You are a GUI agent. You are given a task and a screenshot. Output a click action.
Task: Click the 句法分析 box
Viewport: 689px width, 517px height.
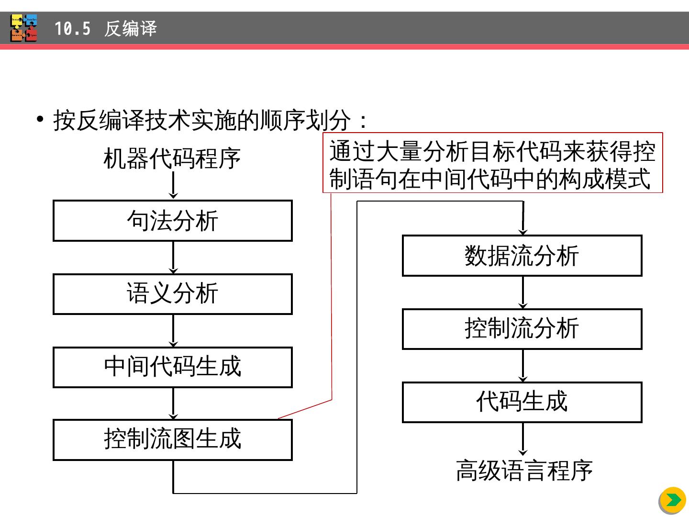pyautogui.click(x=172, y=221)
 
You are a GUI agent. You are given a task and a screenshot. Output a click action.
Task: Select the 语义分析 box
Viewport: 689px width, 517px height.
pyautogui.click(x=172, y=294)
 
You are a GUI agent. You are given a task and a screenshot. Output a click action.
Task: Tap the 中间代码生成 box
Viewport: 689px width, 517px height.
pyautogui.click(x=172, y=367)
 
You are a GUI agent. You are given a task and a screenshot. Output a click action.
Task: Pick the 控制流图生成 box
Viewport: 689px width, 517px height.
pyautogui.click(x=172, y=440)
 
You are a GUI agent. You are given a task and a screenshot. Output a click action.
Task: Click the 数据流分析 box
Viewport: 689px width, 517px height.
pyautogui.click(x=522, y=256)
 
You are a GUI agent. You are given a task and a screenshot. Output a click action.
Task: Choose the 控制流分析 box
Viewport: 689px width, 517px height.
pyautogui.click(x=522, y=329)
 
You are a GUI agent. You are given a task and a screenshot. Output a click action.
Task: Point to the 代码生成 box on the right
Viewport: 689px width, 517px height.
pyautogui.click(x=522, y=402)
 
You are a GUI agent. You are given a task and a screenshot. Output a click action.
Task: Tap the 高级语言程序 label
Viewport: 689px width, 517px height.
pyautogui.click(x=524, y=471)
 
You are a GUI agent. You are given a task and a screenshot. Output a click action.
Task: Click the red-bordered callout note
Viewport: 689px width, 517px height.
pyautogui.click(x=492, y=163)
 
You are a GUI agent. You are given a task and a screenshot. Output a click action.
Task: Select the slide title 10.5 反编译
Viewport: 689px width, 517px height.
pyautogui.click(x=105, y=29)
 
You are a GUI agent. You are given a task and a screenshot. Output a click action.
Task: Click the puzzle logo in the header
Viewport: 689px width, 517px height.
pyautogui.click(x=24, y=28)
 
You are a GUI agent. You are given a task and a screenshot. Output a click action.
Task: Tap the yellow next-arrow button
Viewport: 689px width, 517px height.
pyautogui.click(x=673, y=500)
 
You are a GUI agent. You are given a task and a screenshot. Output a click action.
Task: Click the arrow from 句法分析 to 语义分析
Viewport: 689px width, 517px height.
pyautogui.click(x=173, y=258)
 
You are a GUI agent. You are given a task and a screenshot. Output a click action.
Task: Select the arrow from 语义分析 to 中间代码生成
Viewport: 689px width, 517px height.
pyautogui.click(x=173, y=331)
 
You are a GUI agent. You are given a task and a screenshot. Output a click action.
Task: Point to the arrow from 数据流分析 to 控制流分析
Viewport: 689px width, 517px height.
pyautogui.click(x=523, y=292)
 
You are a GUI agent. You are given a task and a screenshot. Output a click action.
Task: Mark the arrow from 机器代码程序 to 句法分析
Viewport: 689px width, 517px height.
pyautogui.click(x=173, y=185)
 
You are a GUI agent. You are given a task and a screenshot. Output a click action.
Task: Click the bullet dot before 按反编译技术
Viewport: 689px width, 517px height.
pyautogui.click(x=41, y=119)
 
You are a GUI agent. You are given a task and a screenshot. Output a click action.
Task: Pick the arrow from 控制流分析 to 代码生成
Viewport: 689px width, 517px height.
pyautogui.click(x=523, y=366)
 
